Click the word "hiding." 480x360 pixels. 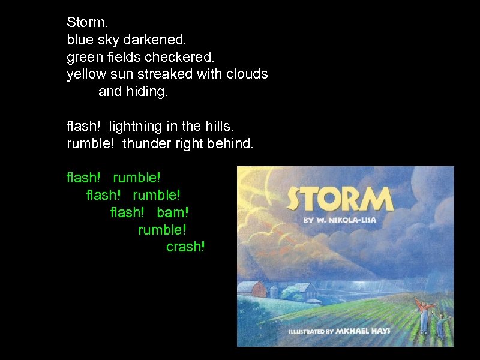click(147, 92)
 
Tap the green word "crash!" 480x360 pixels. click(185, 247)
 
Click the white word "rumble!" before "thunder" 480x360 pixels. click(91, 144)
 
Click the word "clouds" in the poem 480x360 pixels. click(247, 75)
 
